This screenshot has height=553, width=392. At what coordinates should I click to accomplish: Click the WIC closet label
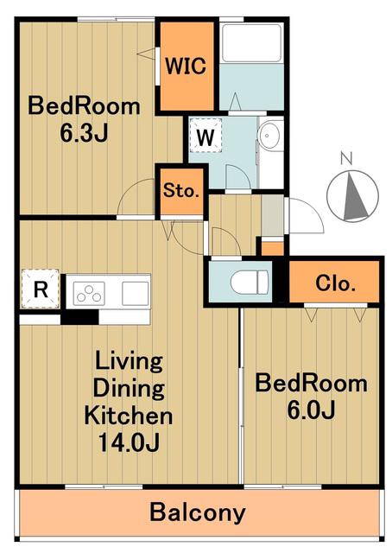[x=186, y=66]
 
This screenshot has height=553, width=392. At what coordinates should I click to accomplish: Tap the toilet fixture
[x=250, y=282]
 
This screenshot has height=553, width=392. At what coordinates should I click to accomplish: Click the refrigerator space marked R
[x=41, y=289]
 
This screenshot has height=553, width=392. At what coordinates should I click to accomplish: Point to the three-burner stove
[x=89, y=294]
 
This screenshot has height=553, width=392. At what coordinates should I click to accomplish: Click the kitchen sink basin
[x=135, y=294]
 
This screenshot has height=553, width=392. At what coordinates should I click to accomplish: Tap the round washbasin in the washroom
[x=269, y=135]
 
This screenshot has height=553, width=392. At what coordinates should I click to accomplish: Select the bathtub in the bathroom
[x=251, y=42]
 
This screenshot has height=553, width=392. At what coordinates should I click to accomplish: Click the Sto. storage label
[x=180, y=191]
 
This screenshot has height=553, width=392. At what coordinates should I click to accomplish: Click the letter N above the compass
[x=347, y=158]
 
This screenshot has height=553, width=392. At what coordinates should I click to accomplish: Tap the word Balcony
[x=198, y=512]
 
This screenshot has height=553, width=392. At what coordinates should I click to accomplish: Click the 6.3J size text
[x=84, y=133]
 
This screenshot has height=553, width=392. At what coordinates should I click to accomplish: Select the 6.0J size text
[x=311, y=410]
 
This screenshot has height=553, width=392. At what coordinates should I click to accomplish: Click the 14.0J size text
[x=129, y=442]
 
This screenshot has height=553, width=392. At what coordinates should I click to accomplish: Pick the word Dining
[x=129, y=388]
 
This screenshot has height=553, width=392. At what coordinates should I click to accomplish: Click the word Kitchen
[x=129, y=416]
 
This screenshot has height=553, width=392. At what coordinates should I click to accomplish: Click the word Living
[x=129, y=361]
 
